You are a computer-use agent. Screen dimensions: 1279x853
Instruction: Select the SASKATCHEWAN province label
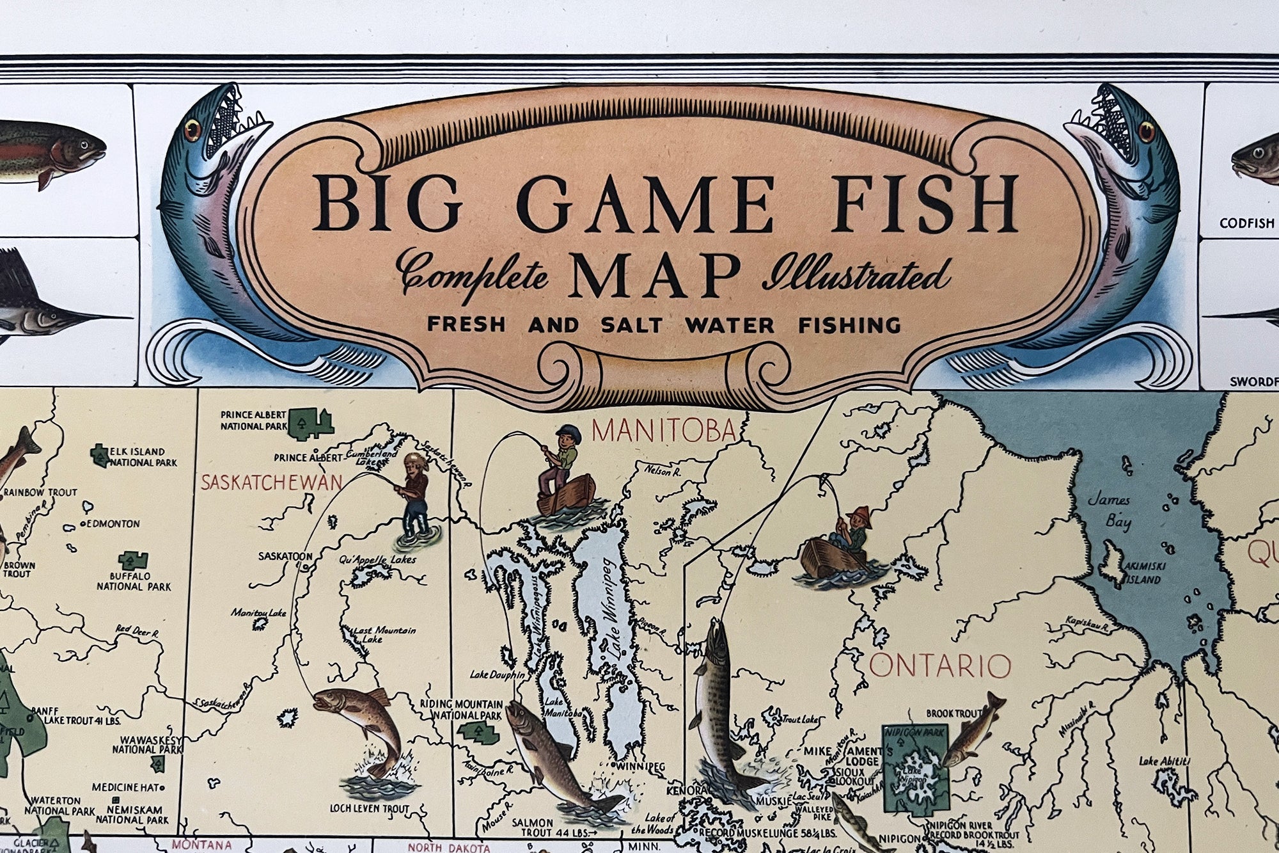point(271,482)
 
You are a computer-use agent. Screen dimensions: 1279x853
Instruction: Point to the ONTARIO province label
point(940,667)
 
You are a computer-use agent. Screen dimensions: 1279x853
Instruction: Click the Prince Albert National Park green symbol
point(311,424)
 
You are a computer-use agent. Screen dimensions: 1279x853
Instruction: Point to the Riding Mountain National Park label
point(460,710)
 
